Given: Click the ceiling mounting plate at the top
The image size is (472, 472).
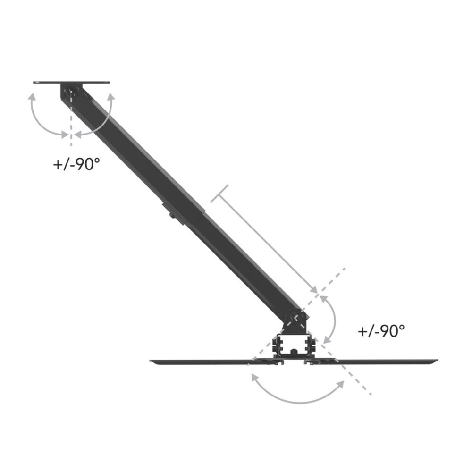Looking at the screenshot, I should click(x=71, y=83).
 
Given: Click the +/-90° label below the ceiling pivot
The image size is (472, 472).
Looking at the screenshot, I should click(x=76, y=165).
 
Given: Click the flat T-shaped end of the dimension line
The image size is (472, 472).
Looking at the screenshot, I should click(x=219, y=194).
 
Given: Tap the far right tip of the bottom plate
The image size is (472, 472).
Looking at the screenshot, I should click(x=436, y=361).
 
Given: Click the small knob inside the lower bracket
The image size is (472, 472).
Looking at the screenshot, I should click(x=294, y=351).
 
